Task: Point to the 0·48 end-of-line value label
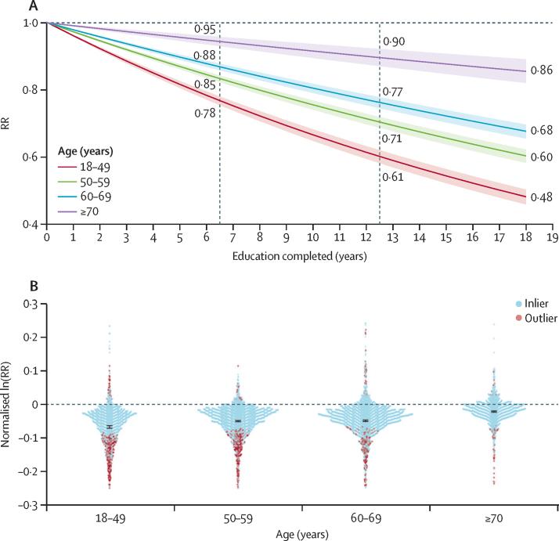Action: click(539, 197)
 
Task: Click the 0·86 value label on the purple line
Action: click(539, 71)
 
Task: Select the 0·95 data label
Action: click(204, 31)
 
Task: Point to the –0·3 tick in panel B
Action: click(30, 505)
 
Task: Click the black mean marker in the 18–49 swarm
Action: click(110, 427)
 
